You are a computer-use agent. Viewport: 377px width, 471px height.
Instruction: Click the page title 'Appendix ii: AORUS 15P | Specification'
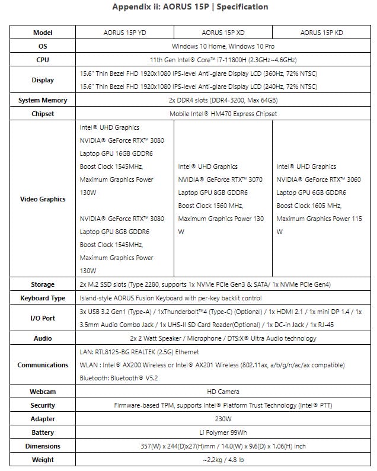point(190,7)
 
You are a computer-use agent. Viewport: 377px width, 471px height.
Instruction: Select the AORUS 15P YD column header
point(124,33)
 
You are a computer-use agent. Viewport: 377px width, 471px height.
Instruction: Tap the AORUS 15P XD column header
point(223,33)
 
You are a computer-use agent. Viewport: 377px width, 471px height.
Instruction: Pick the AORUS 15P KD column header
point(321,33)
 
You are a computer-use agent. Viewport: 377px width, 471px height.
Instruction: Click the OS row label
point(43,46)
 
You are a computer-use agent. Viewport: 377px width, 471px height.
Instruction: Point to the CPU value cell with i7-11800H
point(223,59)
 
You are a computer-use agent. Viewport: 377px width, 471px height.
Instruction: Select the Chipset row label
point(43,114)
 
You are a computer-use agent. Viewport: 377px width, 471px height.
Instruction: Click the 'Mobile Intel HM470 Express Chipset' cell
point(223,114)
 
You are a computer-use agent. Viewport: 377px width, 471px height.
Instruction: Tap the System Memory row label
point(43,100)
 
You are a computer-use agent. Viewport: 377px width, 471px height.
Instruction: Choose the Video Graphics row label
point(43,199)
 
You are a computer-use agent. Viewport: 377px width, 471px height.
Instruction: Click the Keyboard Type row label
point(43,298)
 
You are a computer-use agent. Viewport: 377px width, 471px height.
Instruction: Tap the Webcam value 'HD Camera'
point(223,392)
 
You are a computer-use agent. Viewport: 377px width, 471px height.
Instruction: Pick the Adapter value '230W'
point(223,419)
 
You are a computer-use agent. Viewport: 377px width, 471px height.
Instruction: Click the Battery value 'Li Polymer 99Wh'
point(223,432)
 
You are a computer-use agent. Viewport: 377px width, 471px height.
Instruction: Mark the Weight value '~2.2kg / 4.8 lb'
point(223,460)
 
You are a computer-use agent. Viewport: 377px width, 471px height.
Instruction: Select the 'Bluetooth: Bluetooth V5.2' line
point(119,377)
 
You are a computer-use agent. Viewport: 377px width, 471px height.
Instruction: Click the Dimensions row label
point(43,446)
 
